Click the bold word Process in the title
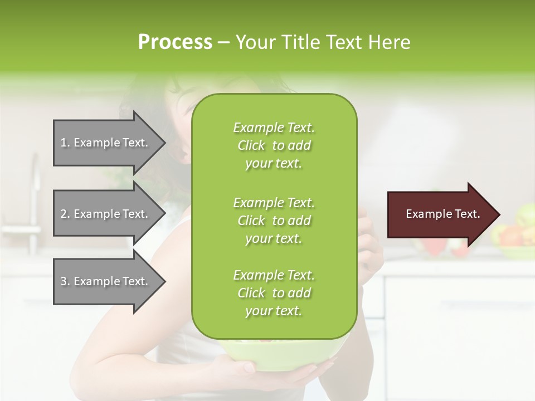coord(175,42)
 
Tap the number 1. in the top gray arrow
coord(65,143)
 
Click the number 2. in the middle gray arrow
coord(65,214)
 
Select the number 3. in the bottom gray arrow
coord(65,281)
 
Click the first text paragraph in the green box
coord(274,145)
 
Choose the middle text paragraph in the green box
coord(274,221)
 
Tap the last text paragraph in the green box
coord(274,293)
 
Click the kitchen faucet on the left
coord(35,184)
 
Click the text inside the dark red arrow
coord(442,214)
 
